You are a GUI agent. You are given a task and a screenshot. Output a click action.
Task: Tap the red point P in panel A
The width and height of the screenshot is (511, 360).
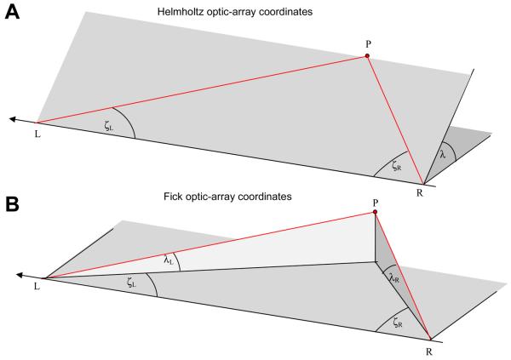tap(367, 56)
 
